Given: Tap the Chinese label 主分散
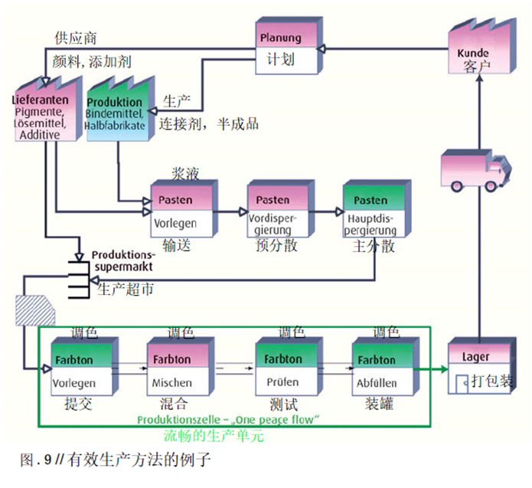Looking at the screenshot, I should point(373,246).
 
